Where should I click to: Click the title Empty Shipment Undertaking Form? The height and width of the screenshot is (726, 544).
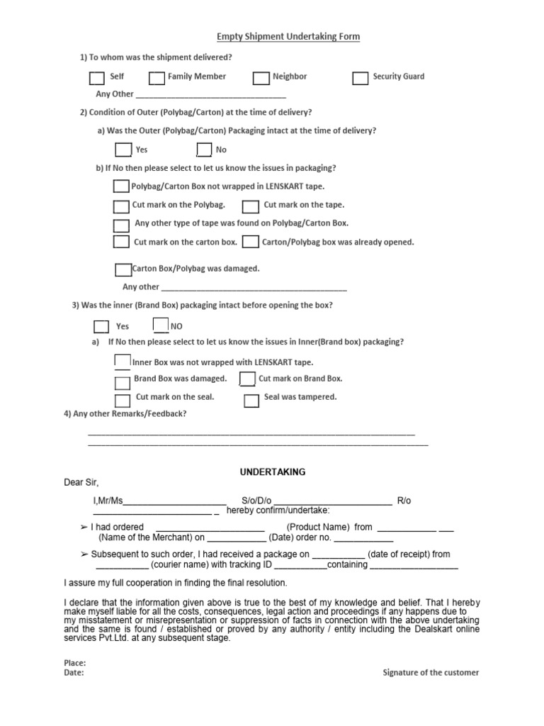tap(288, 37)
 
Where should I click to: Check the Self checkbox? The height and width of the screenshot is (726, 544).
tap(97, 77)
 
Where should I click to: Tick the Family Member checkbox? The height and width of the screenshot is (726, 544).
tap(157, 77)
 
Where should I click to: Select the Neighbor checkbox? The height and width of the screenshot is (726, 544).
tap(261, 77)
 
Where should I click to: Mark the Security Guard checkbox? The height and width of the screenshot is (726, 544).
tap(361, 77)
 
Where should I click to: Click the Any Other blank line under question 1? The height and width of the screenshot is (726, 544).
tap(210, 95)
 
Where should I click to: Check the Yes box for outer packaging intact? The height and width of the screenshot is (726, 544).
tap(123, 150)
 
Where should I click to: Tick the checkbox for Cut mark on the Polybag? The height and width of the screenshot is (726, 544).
tap(121, 206)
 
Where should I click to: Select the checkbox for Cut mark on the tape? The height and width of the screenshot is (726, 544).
tap(250, 206)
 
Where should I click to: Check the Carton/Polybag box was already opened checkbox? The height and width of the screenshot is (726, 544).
tap(249, 242)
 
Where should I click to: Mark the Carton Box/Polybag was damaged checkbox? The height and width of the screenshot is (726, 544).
tap(123, 269)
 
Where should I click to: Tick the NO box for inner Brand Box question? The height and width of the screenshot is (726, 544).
tap(161, 325)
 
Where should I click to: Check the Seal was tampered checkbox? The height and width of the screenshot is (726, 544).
tap(251, 401)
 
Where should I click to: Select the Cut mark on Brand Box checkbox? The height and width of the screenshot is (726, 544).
tap(247, 379)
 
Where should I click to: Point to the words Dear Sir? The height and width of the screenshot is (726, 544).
tap(81, 483)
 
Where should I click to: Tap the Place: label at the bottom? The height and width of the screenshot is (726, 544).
tap(74, 663)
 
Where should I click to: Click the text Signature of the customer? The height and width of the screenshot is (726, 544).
tap(431, 673)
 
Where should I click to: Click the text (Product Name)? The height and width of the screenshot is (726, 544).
tap(318, 527)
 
